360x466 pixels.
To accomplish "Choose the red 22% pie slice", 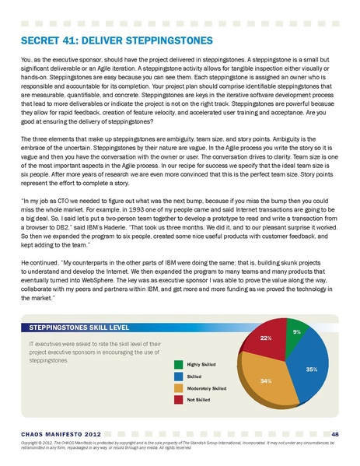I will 263,342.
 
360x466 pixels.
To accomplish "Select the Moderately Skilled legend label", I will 206,387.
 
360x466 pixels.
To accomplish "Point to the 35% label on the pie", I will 311,370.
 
